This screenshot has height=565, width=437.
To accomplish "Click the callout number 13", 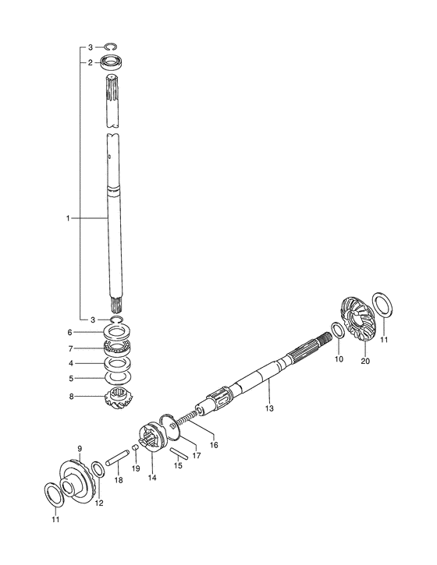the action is pos(269,408).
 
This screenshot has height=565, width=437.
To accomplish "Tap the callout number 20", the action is pos(365,361).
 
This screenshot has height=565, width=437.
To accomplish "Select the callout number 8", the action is pos(71,397).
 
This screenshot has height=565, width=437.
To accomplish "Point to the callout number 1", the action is pos(68,218).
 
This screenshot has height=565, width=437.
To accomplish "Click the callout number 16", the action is pos(214,445).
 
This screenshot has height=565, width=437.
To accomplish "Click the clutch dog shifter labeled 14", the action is pos(152,436).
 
